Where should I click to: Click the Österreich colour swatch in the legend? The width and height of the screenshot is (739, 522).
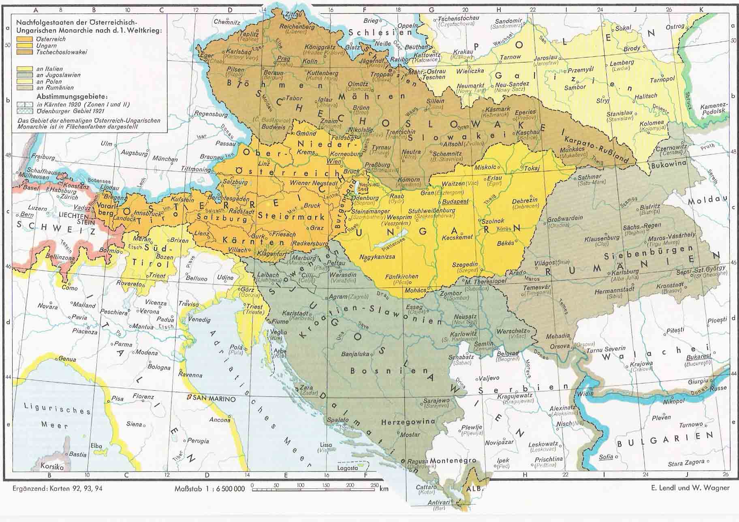(x=25, y=39)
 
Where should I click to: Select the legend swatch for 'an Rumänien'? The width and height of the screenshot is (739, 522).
(x=25, y=88)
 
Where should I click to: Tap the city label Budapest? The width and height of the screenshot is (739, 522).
(x=456, y=201)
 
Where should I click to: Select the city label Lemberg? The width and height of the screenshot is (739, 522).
(x=622, y=63)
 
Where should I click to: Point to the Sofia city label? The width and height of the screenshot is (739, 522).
(x=606, y=457)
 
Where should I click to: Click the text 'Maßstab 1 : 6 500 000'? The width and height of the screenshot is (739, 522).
(x=209, y=488)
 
